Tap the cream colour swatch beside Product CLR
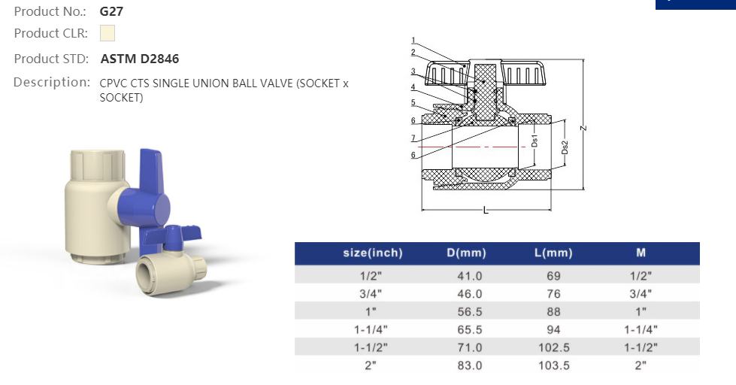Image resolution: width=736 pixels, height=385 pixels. point(108,33)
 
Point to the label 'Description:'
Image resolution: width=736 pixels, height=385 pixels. point(52,82)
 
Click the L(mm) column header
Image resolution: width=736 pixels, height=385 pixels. point(553,253)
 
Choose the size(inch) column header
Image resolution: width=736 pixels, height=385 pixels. point(373,253)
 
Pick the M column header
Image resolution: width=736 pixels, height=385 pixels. point(641,253)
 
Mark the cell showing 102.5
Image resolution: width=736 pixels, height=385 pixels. point(553,347)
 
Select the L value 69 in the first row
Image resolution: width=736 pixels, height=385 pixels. point(553,276)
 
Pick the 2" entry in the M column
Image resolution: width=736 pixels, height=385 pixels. point(641,365)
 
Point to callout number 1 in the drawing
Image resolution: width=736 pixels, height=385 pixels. point(413,40)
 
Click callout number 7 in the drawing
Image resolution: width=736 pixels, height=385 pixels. point(413,138)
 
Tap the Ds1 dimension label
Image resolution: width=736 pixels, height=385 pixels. point(534,141)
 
